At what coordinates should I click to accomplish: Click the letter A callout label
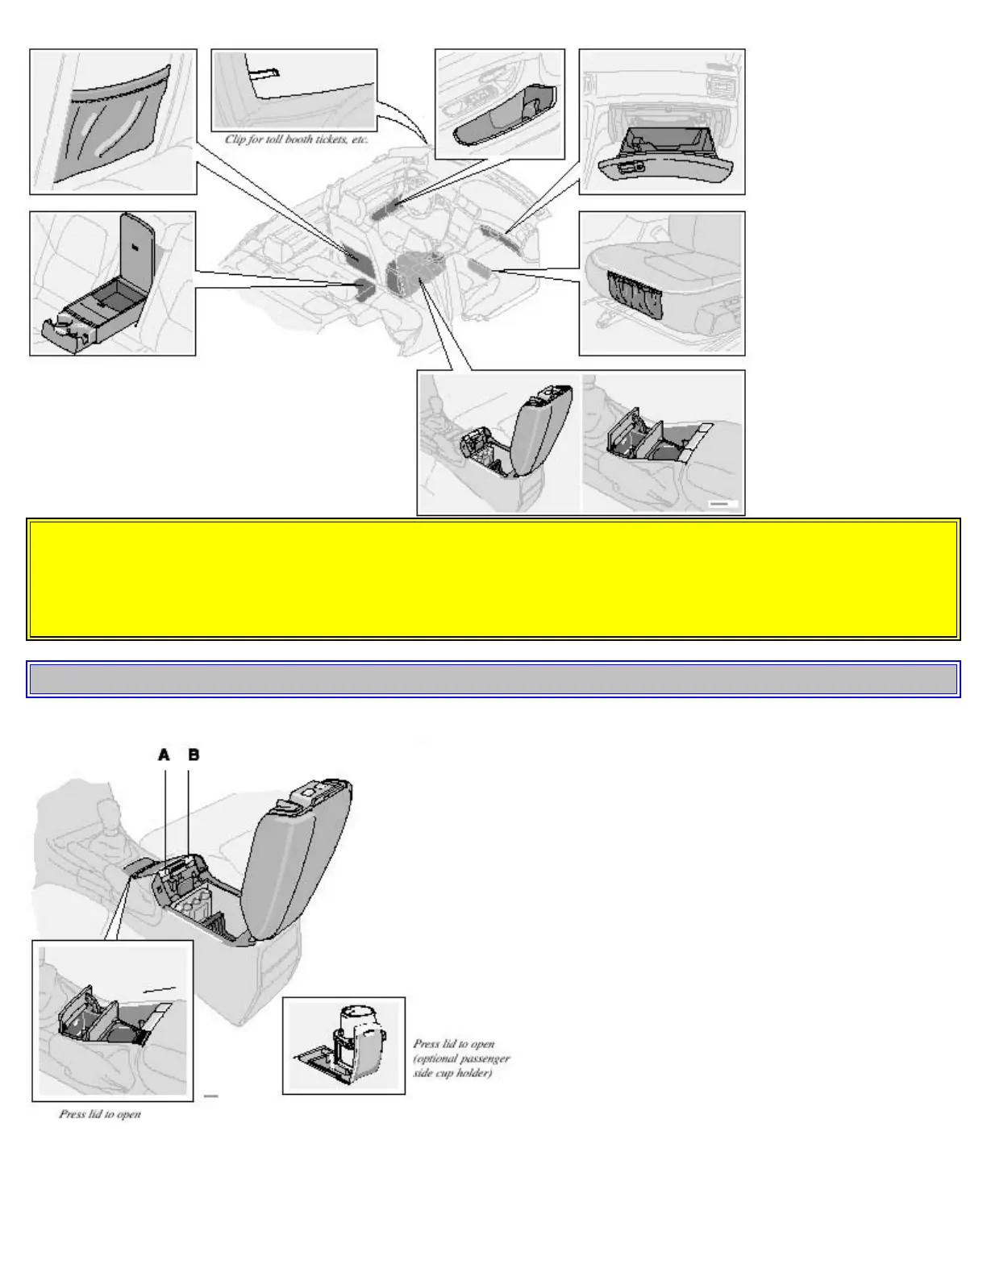tap(164, 755)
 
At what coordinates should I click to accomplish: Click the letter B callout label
tap(194, 755)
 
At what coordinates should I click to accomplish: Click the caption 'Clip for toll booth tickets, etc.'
tap(296, 139)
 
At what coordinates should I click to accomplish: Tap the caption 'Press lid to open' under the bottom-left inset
tap(100, 1114)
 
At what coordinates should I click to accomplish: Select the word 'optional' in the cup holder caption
tap(440, 1059)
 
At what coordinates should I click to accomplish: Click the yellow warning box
tap(493, 579)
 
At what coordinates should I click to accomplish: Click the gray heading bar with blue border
tap(493, 679)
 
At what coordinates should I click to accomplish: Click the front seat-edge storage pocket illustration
tap(637, 294)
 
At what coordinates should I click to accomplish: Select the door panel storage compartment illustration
tap(500, 121)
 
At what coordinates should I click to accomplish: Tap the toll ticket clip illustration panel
tap(294, 89)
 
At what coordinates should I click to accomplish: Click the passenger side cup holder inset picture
tap(344, 1045)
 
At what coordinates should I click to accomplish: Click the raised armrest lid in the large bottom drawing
tap(298, 855)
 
